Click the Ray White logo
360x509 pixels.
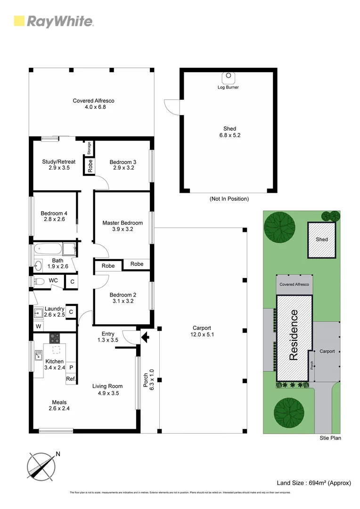pyautogui.click(x=53, y=21)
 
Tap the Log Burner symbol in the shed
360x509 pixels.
pyautogui.click(x=228, y=77)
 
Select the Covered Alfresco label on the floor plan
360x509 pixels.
pyautogui.click(x=93, y=100)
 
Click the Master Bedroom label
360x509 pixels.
pyautogui.click(x=123, y=223)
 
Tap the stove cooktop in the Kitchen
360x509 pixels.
pyautogui.click(x=55, y=338)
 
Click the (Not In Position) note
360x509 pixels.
pyautogui.click(x=229, y=199)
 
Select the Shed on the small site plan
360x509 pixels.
pyautogui.click(x=322, y=239)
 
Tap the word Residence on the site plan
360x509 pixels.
pyautogui.click(x=294, y=335)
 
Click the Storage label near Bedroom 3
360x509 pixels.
pyautogui.click(x=89, y=148)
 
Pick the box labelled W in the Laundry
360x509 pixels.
pyautogui.click(x=38, y=327)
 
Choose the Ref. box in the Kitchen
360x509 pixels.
pyautogui.click(x=71, y=378)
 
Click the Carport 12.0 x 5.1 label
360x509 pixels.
pyautogui.click(x=202, y=331)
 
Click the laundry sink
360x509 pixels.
pyautogui.click(x=38, y=312)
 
